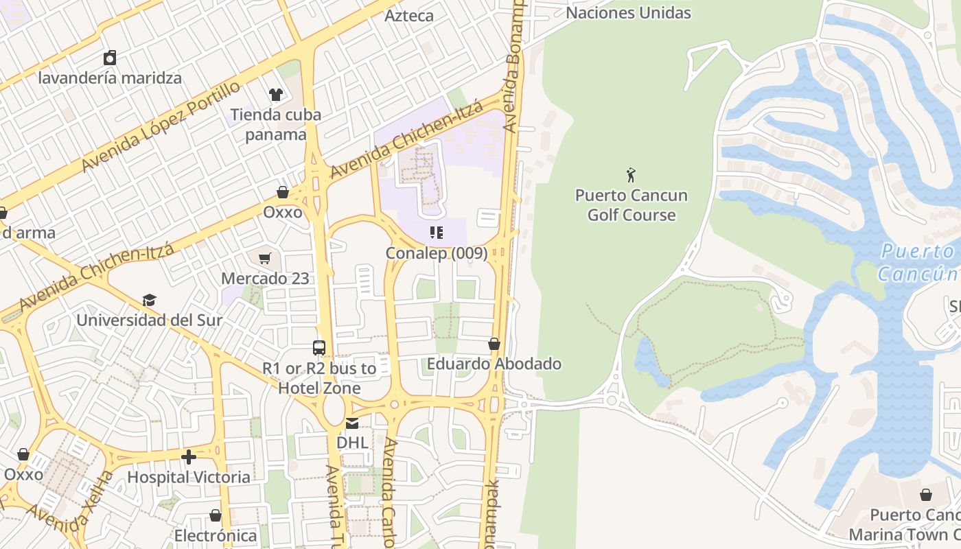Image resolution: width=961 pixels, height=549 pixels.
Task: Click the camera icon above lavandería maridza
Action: pos(110,58)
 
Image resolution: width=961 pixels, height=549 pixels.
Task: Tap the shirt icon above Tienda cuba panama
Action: pos(276,94)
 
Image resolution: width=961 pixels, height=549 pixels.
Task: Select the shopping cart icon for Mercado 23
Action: pos(265,259)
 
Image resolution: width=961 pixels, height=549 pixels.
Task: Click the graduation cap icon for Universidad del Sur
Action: pos(149,300)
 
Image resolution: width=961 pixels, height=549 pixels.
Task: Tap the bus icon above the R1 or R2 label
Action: pos(319,348)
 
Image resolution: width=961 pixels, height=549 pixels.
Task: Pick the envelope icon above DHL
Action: pos(352,423)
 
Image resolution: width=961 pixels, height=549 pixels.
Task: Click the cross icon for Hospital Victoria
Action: pos(189,456)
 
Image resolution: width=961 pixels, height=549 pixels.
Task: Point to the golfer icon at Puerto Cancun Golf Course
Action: pos(631,175)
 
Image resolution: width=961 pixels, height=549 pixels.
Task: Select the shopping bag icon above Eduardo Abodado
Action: pos(494,344)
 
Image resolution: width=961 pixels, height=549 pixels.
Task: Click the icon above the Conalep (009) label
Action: pos(437,233)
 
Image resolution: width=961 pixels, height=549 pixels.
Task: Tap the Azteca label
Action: pos(409,15)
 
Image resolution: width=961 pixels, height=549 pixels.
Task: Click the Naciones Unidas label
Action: pos(628,12)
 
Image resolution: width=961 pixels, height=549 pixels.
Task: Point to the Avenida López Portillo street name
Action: pos(161,126)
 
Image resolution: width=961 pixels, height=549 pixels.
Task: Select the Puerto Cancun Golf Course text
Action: pos(631,205)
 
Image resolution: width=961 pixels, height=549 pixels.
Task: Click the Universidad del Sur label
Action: pos(149,320)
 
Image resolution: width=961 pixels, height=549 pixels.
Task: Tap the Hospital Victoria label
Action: pos(189,476)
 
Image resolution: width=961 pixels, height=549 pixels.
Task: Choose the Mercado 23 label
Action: pos(265,279)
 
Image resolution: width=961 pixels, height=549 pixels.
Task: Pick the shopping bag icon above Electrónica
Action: pos(216,515)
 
